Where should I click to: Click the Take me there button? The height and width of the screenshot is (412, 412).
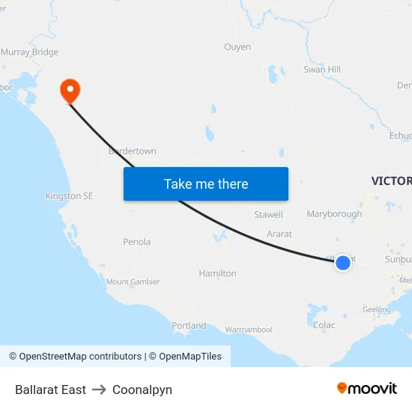[206, 184]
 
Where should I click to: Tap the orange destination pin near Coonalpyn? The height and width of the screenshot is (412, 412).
[70, 91]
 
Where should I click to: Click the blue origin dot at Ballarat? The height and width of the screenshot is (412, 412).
[342, 262]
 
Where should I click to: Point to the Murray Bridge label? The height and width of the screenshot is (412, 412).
[29, 52]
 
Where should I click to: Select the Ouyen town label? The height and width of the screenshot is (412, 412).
[237, 47]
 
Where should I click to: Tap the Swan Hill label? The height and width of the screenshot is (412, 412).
[322, 70]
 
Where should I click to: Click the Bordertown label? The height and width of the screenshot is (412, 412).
[133, 151]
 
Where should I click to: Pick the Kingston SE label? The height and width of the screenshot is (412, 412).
[70, 196]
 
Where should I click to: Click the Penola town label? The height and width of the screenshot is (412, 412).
[136, 242]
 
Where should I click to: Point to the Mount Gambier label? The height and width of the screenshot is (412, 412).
[133, 282]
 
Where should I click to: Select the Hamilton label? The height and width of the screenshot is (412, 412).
[217, 273]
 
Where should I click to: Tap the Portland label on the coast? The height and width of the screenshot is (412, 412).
[189, 326]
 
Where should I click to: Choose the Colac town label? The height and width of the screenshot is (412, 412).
[324, 325]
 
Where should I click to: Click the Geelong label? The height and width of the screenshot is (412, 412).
[377, 309]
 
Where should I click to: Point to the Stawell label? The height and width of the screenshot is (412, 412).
[268, 215]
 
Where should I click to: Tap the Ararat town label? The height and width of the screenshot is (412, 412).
[279, 234]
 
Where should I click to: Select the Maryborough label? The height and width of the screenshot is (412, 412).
[334, 214]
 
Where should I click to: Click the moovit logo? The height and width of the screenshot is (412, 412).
[366, 388]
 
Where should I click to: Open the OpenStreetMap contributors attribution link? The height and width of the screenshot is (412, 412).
[80, 357]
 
